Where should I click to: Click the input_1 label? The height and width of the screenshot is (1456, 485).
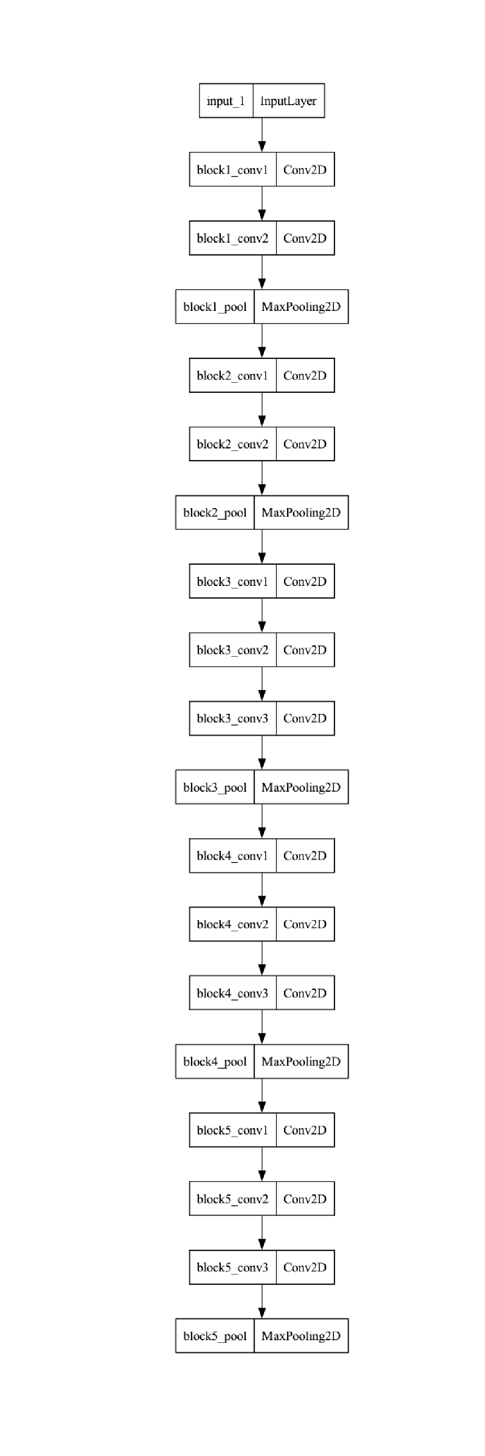coord(226,101)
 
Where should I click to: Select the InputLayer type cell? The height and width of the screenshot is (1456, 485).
coord(288,101)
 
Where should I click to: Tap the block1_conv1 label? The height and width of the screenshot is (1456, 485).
coord(232,169)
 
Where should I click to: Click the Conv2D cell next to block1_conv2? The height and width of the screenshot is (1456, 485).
coord(305,238)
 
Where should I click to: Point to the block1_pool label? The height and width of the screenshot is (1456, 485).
coord(215,307)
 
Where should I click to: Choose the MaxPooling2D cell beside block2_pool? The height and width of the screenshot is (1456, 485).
coord(301,513)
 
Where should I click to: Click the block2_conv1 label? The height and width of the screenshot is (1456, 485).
coord(232,375)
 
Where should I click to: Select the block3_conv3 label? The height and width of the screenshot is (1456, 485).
coord(232,718)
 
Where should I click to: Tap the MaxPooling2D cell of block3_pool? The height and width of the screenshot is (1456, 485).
coord(301,787)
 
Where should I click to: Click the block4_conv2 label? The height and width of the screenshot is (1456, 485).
coord(232,924)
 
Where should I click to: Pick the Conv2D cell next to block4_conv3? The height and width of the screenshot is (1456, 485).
coord(305,992)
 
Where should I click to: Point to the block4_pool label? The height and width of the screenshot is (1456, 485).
coord(215,1062)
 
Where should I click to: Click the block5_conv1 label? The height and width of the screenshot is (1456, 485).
coord(232,1130)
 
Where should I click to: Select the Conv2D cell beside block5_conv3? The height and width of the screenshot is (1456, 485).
coord(305,1267)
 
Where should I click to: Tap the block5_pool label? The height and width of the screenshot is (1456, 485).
coord(215,1336)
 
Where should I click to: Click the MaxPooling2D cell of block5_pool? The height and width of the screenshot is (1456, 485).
coord(301,1336)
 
